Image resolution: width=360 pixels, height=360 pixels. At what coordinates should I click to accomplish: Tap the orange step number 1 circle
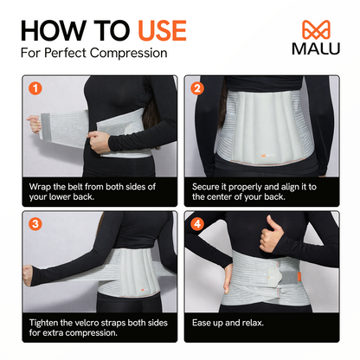(x=35, y=87)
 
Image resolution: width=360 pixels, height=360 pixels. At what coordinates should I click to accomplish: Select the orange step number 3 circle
(x=35, y=223)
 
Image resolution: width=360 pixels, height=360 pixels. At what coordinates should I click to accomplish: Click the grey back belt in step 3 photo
(x=95, y=264)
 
